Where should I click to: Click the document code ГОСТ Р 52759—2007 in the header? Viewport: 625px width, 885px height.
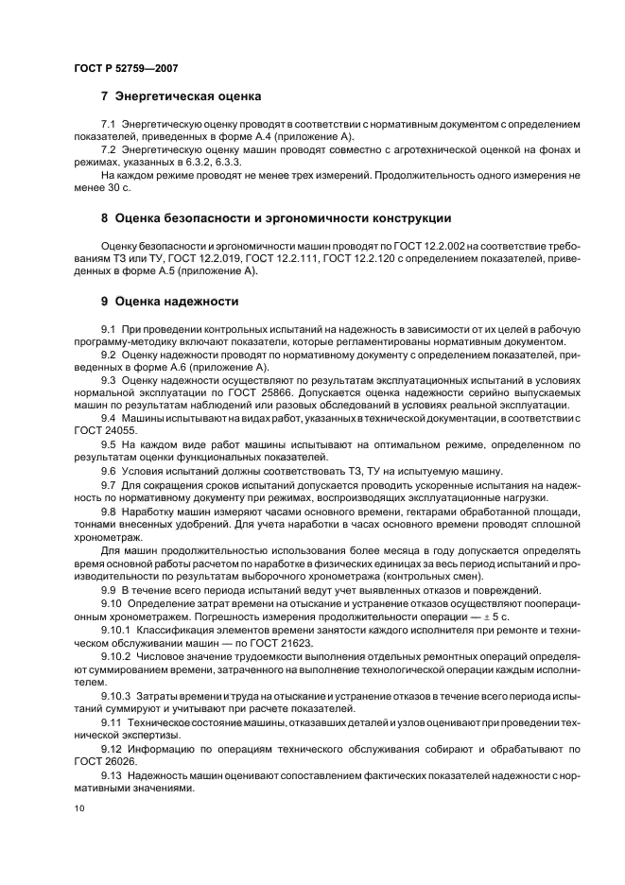pos(126,68)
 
